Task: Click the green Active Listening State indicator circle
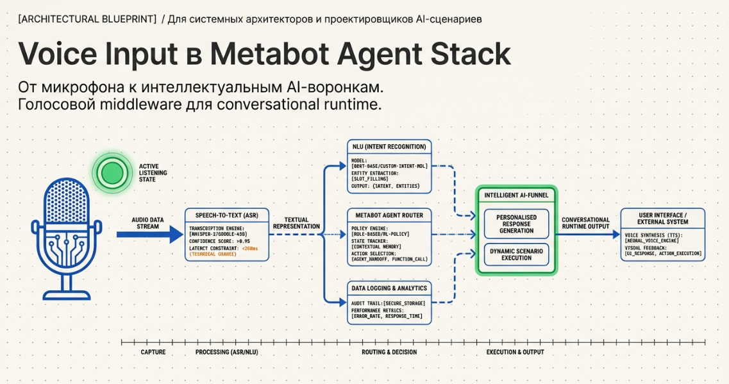point(112,172)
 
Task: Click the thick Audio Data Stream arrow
point(149,235)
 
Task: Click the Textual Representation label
point(296,222)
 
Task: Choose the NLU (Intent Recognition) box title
point(389,147)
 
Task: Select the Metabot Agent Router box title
point(389,215)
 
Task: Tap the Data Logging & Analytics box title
point(389,288)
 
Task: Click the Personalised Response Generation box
point(516,224)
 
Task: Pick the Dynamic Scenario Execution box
point(516,254)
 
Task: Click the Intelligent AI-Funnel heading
point(516,194)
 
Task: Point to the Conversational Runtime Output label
point(585,222)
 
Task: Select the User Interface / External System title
point(664,218)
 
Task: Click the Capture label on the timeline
point(153,352)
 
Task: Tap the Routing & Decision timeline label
point(394,352)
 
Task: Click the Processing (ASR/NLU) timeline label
point(222,352)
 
